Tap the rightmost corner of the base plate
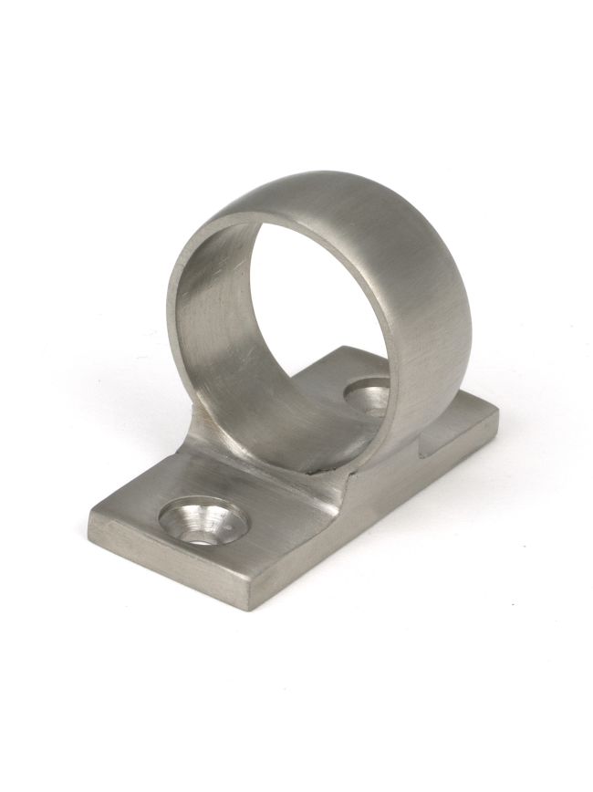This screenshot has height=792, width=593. [500, 415]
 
